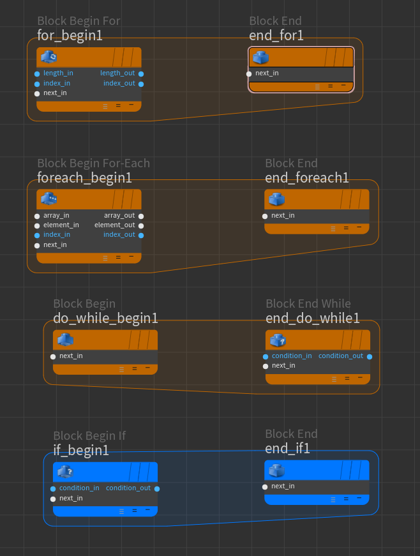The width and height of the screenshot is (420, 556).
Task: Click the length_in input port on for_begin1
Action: pos(37,73)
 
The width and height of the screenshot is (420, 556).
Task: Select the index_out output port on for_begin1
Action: pos(141,84)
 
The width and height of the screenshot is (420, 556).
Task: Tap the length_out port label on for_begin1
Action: pos(117,73)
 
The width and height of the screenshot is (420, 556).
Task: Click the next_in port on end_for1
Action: pos(249,73)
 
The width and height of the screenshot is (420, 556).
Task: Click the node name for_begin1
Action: pos(70,36)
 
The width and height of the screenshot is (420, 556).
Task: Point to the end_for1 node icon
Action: pos(260,58)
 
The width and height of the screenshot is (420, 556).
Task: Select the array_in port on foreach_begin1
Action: pos(37,216)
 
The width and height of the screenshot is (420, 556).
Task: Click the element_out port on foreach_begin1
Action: pos(141,225)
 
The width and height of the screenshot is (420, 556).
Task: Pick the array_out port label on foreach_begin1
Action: pos(119,216)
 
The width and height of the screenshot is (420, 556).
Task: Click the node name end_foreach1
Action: pos(307,178)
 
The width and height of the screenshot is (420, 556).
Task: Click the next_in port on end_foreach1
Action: pos(265,216)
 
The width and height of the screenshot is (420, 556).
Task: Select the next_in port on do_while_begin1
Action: pos(53,356)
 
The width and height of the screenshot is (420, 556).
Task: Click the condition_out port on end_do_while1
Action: pos(370,356)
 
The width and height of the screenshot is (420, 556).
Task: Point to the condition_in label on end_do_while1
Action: pos(292,356)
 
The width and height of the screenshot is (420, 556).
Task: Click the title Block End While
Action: pos(308,304)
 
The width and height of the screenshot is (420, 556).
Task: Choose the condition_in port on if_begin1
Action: pos(53,488)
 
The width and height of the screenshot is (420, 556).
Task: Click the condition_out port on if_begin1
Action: pos(157,488)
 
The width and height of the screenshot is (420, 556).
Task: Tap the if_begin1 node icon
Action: pos(65,472)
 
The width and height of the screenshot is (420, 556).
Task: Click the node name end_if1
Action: pos(287,449)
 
